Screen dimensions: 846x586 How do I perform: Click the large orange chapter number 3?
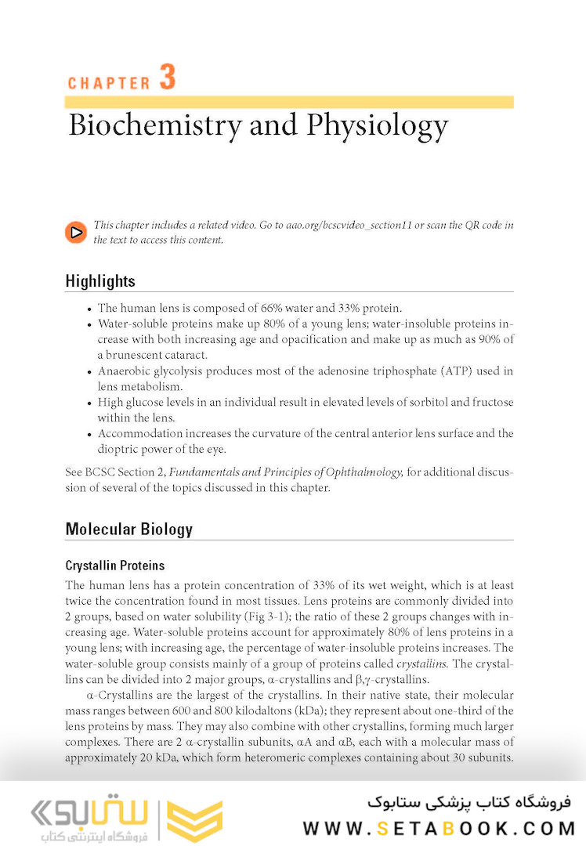[167, 78]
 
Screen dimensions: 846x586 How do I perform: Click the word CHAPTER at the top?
[109, 83]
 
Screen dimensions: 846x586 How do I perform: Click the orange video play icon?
[76, 232]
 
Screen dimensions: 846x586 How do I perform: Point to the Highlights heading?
[100, 281]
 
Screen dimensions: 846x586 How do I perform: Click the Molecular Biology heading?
[128, 529]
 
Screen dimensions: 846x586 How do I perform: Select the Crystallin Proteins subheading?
[114, 566]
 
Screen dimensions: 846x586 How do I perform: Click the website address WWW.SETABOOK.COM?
[439, 827]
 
